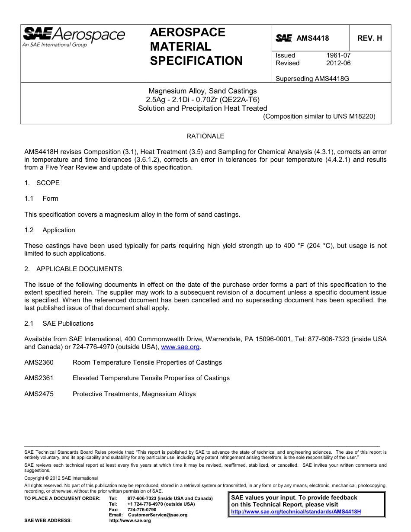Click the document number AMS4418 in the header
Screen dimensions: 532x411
[x=312, y=38]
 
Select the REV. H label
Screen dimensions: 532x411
[x=369, y=38]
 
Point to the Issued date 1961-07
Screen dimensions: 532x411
[x=338, y=55]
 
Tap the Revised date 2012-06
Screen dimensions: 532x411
[x=338, y=63]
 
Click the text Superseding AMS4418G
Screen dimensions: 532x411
[x=312, y=79]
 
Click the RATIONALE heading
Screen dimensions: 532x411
[x=205, y=136]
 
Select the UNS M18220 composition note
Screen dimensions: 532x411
[x=319, y=116]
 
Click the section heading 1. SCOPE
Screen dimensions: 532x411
[x=42, y=183]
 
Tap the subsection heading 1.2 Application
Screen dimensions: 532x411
[x=50, y=230]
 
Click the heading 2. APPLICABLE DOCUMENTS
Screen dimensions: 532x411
[x=73, y=269]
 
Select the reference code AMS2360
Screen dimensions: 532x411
[x=39, y=362]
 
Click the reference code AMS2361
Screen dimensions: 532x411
[x=39, y=378]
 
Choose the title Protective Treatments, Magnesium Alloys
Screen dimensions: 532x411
[x=134, y=394]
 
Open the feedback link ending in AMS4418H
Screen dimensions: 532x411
[x=296, y=512]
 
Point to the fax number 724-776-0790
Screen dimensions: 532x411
[x=142, y=510]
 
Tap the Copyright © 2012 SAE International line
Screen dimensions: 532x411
[x=61, y=478]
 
